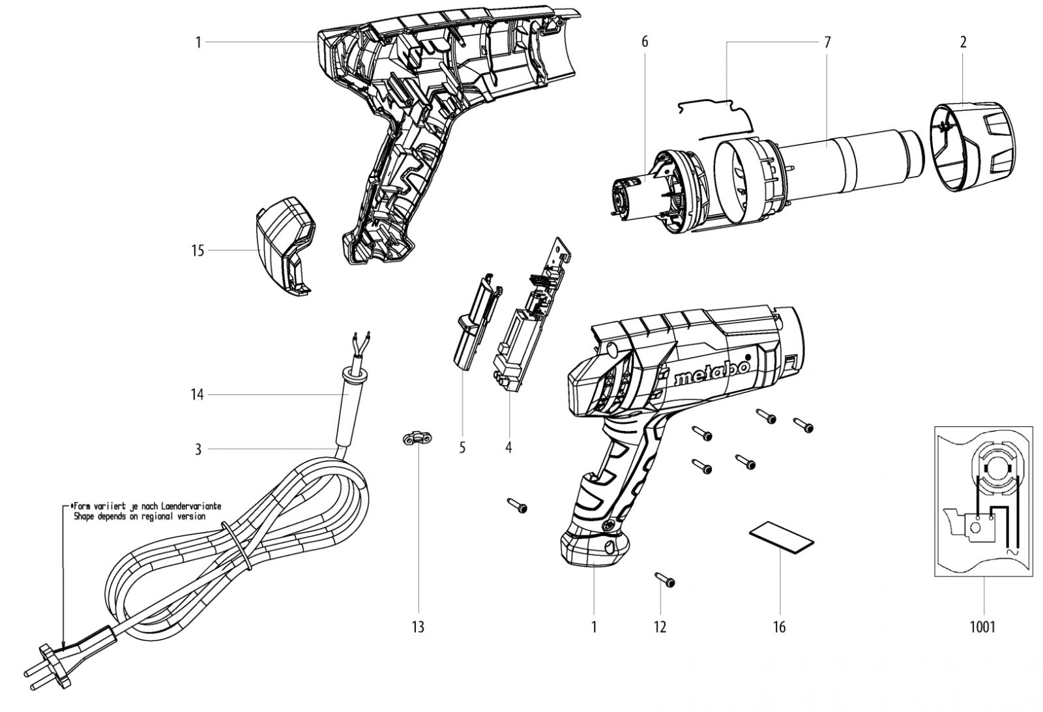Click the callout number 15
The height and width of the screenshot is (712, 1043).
(198, 250)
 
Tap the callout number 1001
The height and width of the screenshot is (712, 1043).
(982, 627)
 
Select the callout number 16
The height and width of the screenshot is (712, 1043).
(779, 627)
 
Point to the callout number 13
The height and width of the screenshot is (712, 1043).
(418, 627)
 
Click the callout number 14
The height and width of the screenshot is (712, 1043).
(198, 395)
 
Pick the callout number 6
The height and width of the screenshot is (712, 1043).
(645, 42)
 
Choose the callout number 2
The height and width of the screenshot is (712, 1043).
(963, 42)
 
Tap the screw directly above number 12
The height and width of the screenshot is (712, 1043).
(665, 580)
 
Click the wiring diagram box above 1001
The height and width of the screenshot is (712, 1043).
(984, 501)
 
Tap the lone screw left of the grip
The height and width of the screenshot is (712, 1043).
(517, 505)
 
